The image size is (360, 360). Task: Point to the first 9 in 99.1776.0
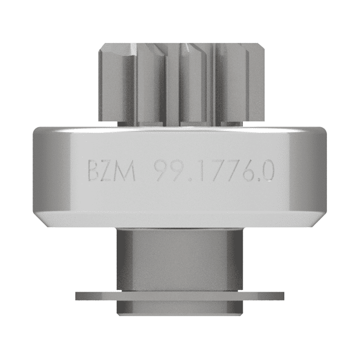point(161,171)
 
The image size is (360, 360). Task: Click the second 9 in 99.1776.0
point(177,171)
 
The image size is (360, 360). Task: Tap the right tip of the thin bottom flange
point(282,296)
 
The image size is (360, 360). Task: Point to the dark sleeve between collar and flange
point(180,260)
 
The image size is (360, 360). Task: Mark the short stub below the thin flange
point(180,308)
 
